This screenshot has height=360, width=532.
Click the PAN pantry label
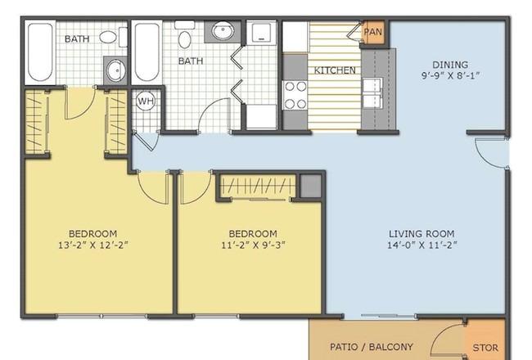[373, 32]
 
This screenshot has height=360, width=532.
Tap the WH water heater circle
[146, 101]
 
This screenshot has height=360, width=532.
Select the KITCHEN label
[335, 70]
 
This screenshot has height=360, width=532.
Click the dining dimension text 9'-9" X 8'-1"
[451, 75]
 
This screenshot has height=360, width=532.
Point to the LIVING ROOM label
[422, 233]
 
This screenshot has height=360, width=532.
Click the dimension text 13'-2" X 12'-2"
[93, 245]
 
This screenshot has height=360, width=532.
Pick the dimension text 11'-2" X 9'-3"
[253, 245]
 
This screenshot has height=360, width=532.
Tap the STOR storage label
[485, 348]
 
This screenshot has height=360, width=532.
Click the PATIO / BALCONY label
[372, 347]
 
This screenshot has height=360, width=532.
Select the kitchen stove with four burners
[295, 96]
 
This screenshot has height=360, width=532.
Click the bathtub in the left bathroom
[40, 52]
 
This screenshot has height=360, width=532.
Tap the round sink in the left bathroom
[115, 71]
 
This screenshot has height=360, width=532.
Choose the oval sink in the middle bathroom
[223, 31]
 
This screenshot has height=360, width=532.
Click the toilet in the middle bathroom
[184, 35]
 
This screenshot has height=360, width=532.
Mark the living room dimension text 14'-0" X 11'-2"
[422, 245]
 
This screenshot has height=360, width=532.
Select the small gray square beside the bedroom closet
[310, 186]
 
